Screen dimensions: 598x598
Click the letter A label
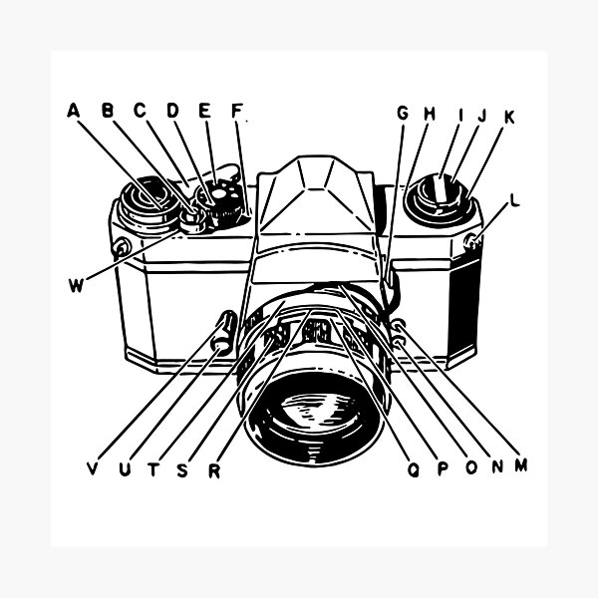[x=73, y=110]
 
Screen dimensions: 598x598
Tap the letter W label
[x=76, y=285]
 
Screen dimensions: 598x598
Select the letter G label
[x=403, y=113]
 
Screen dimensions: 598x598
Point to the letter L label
[x=515, y=200]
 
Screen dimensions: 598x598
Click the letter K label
[x=509, y=117]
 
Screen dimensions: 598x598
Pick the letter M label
[x=521, y=465]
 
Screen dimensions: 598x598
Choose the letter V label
[x=93, y=468]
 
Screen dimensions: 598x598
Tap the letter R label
[x=214, y=471]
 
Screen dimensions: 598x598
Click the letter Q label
[x=413, y=469]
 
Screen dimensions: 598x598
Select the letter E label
[x=204, y=111]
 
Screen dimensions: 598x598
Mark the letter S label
[x=182, y=470]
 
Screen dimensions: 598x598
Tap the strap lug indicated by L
[x=472, y=242]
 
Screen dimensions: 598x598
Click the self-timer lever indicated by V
[x=226, y=331]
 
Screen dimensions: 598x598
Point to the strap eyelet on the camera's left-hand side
[x=122, y=248]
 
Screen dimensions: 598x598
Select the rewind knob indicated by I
[x=440, y=200]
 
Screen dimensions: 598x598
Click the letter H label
[x=430, y=114]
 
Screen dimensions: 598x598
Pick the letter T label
[x=152, y=469]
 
